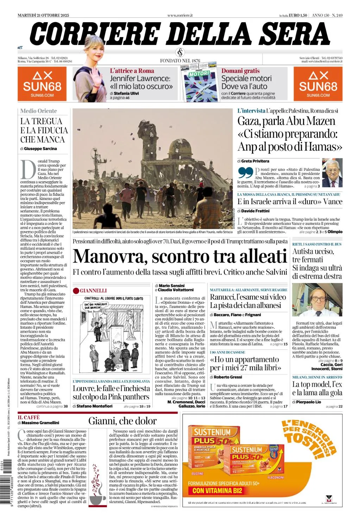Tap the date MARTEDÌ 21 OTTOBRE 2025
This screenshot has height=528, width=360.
coord(43,15)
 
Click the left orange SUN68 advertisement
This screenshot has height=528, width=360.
coord(42,84)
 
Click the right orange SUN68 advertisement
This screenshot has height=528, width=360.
coord(318,84)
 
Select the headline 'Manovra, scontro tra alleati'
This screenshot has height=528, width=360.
coord(180,256)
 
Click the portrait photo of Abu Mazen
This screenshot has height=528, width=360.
coord(332,173)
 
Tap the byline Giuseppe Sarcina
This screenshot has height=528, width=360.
coord(40,149)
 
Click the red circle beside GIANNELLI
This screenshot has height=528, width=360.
coord(76,291)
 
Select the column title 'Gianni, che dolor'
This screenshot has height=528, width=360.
coord(122,421)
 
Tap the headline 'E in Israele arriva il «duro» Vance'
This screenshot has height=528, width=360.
coord(290,202)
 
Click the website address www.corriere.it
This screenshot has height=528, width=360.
coord(180,15)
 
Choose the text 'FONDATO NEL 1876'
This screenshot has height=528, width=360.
coord(180,61)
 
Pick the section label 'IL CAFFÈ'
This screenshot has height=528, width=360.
coord(29,417)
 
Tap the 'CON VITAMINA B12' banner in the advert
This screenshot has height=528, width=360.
coord(217,491)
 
